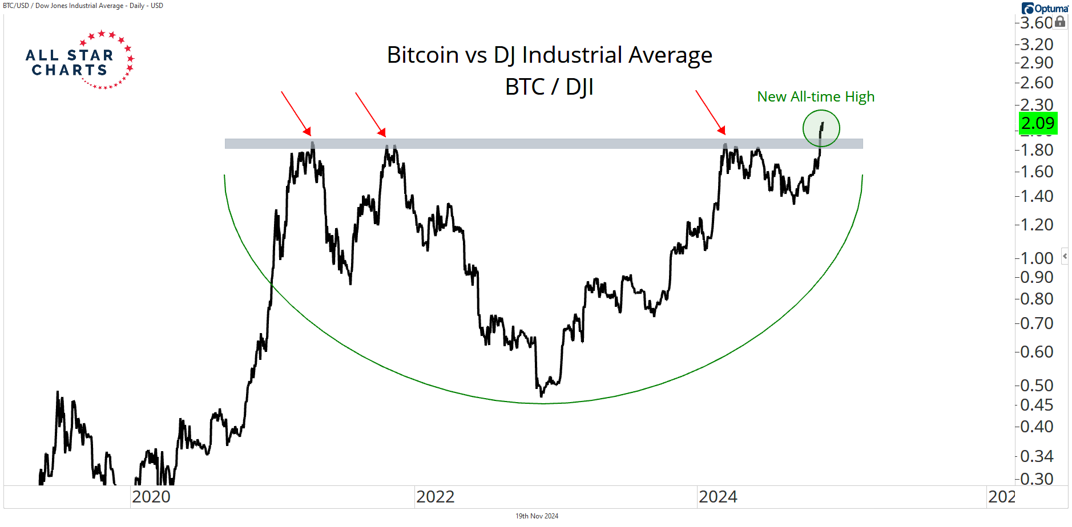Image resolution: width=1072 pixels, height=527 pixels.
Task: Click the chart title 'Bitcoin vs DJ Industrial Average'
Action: (549, 55)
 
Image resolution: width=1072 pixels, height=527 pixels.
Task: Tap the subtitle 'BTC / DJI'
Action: (549, 87)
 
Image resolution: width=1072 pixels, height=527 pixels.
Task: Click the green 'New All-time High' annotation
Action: (815, 97)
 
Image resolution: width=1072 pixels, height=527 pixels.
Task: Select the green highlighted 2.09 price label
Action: (1038, 123)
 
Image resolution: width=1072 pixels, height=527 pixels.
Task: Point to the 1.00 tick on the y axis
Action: (1037, 258)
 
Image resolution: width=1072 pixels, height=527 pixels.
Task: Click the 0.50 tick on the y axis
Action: (1037, 386)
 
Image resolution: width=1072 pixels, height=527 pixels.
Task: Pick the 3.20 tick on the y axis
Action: (1037, 44)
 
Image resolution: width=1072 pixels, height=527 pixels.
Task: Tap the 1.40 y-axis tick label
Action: (1037, 196)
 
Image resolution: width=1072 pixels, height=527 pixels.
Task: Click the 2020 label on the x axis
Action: (151, 497)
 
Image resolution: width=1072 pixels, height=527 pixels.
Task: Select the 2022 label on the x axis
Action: (435, 497)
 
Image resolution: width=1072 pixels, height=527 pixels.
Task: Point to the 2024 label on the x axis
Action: (718, 497)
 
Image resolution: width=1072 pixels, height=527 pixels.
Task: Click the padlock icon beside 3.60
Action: (1060, 22)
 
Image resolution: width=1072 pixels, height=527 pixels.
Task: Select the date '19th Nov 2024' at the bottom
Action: (537, 516)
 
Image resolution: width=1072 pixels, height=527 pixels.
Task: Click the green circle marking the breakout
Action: (821, 128)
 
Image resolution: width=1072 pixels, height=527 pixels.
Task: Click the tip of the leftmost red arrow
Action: (311, 135)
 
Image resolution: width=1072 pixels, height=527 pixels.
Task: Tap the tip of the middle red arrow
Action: (385, 136)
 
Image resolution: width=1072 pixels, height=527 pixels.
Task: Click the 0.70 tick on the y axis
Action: (1037, 323)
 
